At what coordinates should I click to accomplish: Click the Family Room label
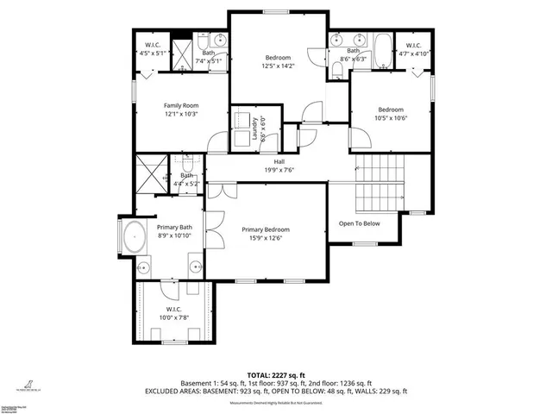tap(181, 105)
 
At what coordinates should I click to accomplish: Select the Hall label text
tap(279, 161)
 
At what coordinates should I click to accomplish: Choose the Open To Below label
tap(359, 223)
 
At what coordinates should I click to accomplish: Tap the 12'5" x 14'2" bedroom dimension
tap(279, 66)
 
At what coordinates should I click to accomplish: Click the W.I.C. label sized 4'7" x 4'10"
tap(412, 46)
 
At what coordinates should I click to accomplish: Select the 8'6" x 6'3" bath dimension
tap(351, 59)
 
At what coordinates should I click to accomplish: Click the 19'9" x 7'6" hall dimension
tap(279, 169)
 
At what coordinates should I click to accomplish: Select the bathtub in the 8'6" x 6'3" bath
tap(381, 43)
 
